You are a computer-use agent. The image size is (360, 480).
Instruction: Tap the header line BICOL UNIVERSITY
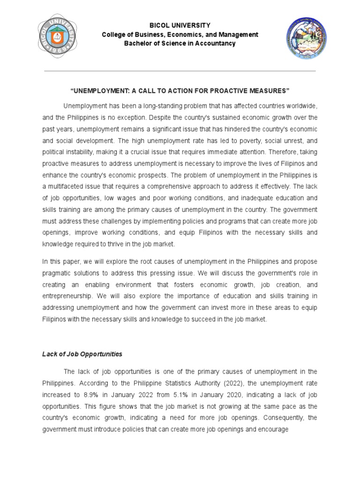[180, 25]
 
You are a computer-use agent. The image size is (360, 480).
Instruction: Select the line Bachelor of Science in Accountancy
[180, 44]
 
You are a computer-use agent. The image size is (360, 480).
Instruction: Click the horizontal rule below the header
[180, 71]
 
